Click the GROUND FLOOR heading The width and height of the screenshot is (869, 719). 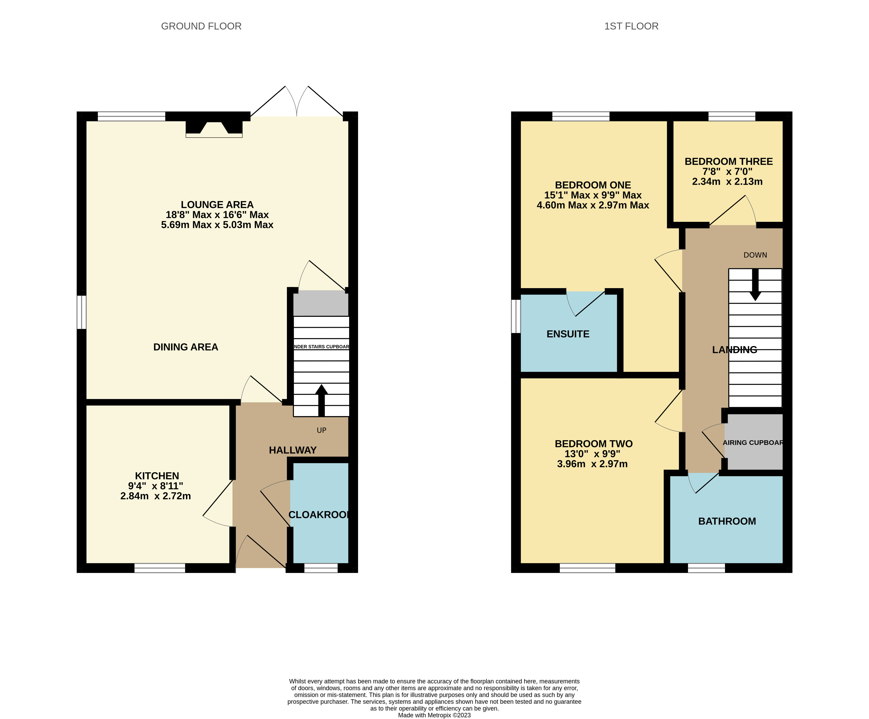pos(201,26)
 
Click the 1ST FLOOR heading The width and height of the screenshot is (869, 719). pos(631,26)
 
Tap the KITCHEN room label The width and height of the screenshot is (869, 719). pos(157,476)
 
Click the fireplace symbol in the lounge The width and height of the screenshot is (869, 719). pos(214,129)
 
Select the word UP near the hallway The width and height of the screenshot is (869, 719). pos(322,430)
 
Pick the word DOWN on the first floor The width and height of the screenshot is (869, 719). pos(755,255)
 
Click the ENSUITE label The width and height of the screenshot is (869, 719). pos(568,334)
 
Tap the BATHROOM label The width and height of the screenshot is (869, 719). pos(727,521)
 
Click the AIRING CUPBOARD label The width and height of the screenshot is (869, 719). pos(753,443)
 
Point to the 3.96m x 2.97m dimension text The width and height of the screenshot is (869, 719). pos(592,464)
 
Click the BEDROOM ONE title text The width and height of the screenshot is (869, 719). pos(593,185)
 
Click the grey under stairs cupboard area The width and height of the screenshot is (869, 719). pos(321,303)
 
